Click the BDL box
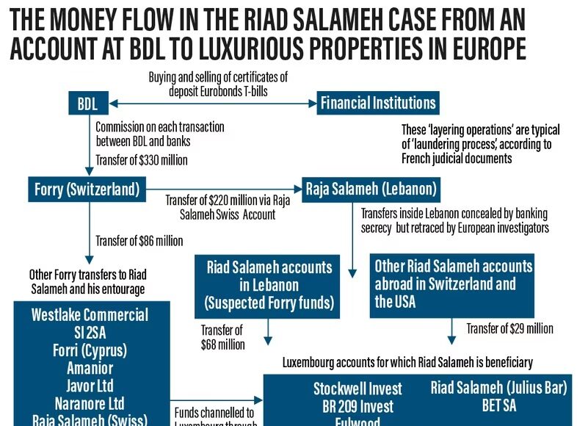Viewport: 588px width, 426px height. tap(87, 103)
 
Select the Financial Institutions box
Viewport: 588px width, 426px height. tap(378, 103)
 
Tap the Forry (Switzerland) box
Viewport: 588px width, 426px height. tap(87, 189)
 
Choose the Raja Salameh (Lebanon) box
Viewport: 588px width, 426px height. tap(371, 189)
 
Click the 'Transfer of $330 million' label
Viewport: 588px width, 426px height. tap(142, 160)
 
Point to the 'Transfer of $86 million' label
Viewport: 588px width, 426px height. tap(139, 241)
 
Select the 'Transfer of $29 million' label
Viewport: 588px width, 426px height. tap(509, 328)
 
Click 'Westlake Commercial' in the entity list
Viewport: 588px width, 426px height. tap(90, 315)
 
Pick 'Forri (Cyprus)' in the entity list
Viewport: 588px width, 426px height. tap(90, 350)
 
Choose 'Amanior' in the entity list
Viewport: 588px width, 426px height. tap(90, 367)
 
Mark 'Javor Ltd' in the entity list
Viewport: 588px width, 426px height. tap(90, 385)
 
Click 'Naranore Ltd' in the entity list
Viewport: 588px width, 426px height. tap(90, 402)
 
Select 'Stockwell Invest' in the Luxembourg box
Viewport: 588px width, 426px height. tap(357, 389)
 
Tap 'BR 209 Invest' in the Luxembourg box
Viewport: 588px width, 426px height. tap(357, 406)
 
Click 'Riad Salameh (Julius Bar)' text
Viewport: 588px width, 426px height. tap(498, 388)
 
